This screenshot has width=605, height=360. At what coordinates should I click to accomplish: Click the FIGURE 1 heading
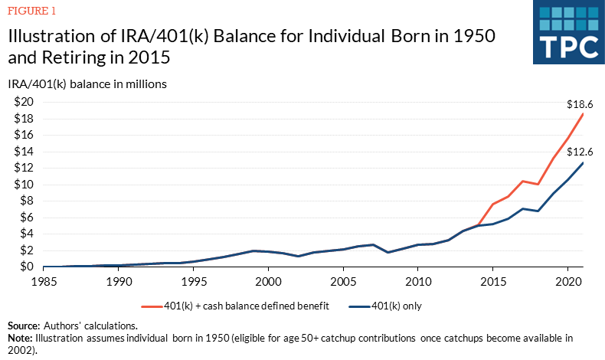coord(31,12)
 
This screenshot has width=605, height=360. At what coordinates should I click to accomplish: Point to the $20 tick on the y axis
coord(21,102)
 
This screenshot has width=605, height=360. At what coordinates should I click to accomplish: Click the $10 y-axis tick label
coord(21,185)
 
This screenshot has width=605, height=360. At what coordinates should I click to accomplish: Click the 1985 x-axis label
coord(43,281)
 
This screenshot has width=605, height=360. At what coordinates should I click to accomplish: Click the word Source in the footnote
coord(24,326)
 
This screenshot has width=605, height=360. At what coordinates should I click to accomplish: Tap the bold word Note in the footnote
coord(20,337)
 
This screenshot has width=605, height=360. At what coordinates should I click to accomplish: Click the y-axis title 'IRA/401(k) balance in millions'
coord(87,83)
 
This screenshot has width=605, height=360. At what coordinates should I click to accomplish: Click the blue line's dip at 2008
coord(388,252)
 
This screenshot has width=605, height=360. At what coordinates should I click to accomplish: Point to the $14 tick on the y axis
coord(21,152)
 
